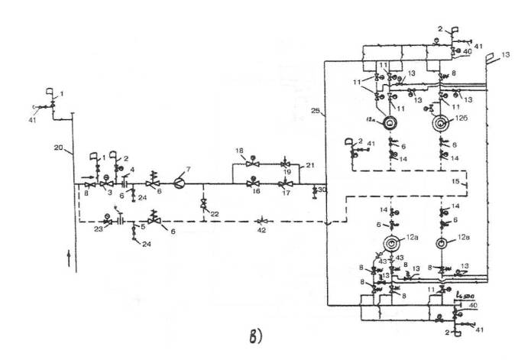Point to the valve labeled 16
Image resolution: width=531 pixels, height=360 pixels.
tap(254, 183)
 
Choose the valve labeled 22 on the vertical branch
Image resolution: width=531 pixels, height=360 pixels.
tap(202, 204)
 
